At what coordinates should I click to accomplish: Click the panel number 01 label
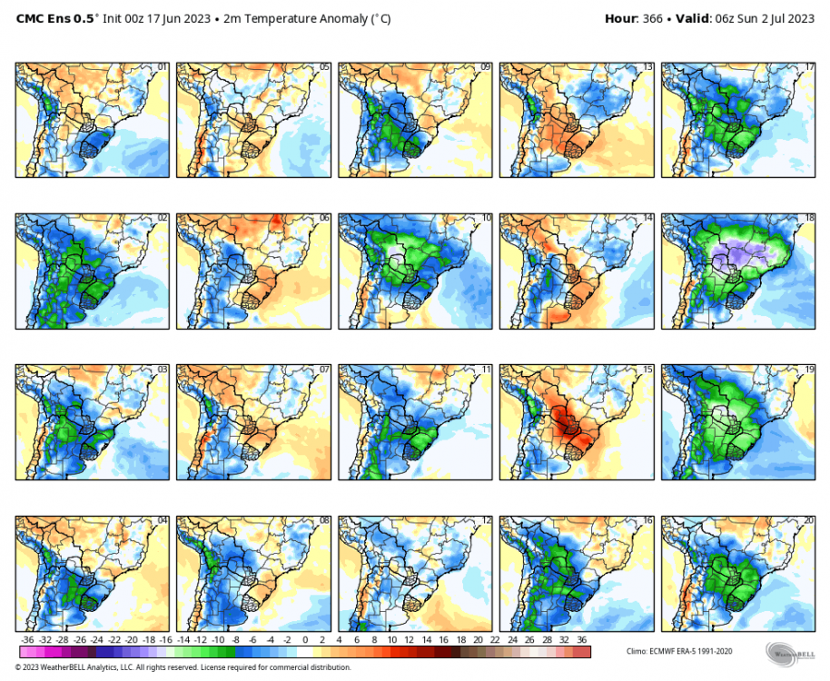pos(163,67)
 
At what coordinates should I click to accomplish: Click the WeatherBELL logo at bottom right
pos(788,653)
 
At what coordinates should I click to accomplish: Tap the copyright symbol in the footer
pos(18,668)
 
